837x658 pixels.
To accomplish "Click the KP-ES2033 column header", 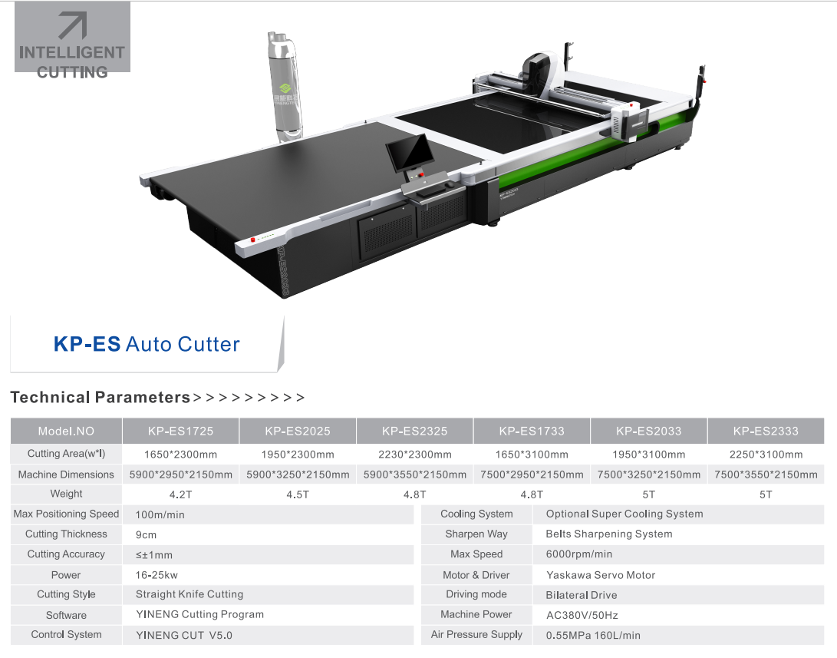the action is [x=648, y=431].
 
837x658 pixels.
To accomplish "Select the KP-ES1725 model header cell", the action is [x=180, y=431].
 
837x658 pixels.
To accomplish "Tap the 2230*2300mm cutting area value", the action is [x=415, y=455].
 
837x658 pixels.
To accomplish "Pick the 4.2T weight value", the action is [x=180, y=494].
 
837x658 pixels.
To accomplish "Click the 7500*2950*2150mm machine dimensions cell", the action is [x=532, y=474].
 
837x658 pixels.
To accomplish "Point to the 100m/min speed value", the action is [x=160, y=515].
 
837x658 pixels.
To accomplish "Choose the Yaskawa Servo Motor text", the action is [x=601, y=575].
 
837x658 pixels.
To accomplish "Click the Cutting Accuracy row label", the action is [x=66, y=554].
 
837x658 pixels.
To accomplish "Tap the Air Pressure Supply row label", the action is [x=476, y=634].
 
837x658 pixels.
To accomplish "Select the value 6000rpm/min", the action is [x=578, y=554].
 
